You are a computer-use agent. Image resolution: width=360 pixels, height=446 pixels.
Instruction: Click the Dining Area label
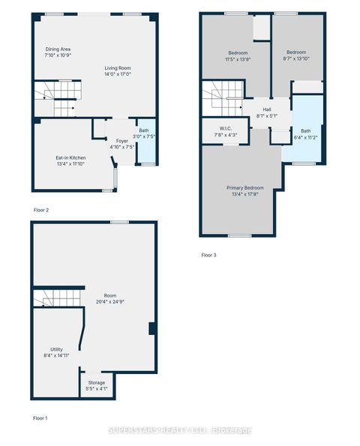point(57,49)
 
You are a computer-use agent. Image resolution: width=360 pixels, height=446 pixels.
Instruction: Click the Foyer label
point(121,140)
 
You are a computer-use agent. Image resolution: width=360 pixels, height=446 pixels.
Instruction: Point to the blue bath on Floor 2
point(148,142)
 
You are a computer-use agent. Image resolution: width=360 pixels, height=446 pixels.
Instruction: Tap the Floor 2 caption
point(41,210)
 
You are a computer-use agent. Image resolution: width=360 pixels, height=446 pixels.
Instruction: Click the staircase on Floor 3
point(222,98)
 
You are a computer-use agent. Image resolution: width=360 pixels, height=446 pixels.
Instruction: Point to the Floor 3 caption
point(208,255)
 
